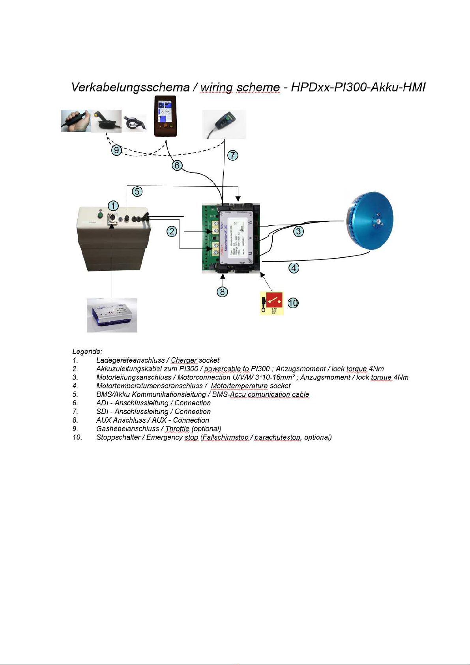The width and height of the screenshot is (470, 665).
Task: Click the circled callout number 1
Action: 113,206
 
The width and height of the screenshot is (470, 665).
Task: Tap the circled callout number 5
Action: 137,192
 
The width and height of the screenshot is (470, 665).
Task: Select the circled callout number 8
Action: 223,292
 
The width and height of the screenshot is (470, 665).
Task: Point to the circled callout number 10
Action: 293,303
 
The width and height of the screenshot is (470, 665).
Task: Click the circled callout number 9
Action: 116,150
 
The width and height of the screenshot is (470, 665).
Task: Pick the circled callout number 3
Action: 299,231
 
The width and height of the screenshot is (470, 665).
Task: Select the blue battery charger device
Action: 112,315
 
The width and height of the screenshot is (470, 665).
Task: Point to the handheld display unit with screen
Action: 165,116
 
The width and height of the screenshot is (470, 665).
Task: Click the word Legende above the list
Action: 87,351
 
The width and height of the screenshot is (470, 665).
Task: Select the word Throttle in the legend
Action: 177,429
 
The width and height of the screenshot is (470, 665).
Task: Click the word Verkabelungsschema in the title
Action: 130,87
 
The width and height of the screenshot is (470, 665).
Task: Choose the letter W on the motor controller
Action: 249,223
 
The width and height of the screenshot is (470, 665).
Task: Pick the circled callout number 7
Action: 233,155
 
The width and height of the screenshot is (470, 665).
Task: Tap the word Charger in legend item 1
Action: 184,360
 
